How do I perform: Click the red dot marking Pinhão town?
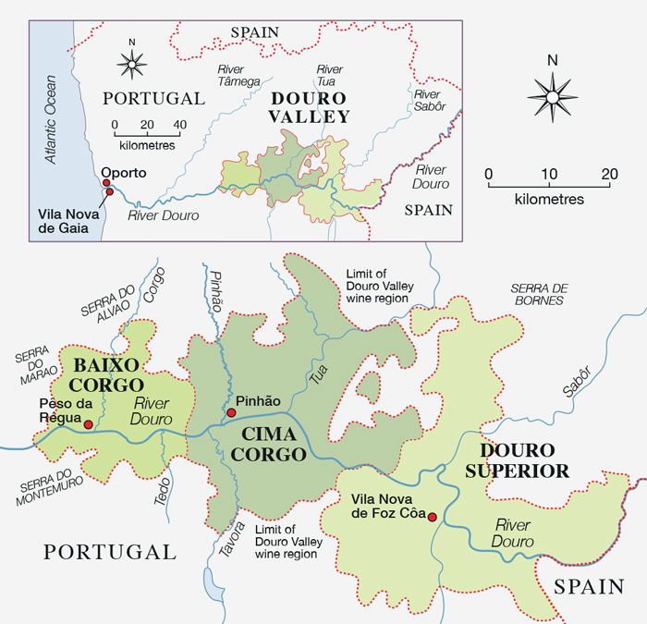click(231, 411)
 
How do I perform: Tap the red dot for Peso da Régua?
click(88, 425)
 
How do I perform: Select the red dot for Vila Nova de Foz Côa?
click(432, 518)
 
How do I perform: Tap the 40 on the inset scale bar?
click(179, 125)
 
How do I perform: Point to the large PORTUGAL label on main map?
click(109, 552)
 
